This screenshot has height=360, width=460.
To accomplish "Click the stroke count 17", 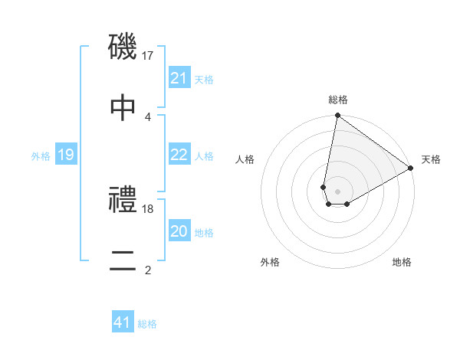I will [x=149, y=55].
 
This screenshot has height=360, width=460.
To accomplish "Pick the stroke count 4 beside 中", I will [x=148, y=116].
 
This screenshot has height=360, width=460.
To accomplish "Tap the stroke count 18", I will [x=149, y=208].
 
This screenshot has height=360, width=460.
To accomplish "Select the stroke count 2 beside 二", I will [x=148, y=269].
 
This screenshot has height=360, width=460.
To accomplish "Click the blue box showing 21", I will [x=179, y=78].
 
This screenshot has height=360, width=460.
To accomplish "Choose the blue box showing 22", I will [x=179, y=155].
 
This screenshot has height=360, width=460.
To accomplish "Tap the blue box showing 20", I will [x=179, y=231].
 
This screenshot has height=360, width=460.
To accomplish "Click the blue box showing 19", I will [x=66, y=155].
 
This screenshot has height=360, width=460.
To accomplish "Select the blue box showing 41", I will [x=123, y=322].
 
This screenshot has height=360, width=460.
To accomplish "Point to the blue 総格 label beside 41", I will [x=147, y=324].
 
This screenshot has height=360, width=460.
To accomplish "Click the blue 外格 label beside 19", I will [x=41, y=155].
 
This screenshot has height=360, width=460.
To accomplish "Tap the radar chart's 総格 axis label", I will [x=337, y=100].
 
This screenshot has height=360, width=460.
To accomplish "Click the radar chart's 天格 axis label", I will [x=431, y=159].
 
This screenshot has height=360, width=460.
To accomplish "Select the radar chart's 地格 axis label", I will [x=402, y=262].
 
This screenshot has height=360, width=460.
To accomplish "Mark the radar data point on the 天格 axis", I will [x=411, y=169].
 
